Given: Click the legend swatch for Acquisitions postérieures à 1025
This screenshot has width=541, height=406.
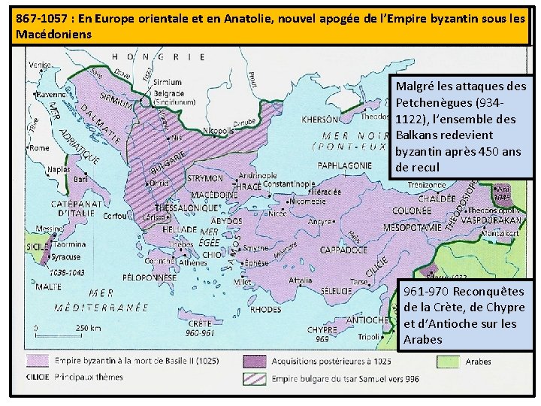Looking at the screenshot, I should tap(254, 362).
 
